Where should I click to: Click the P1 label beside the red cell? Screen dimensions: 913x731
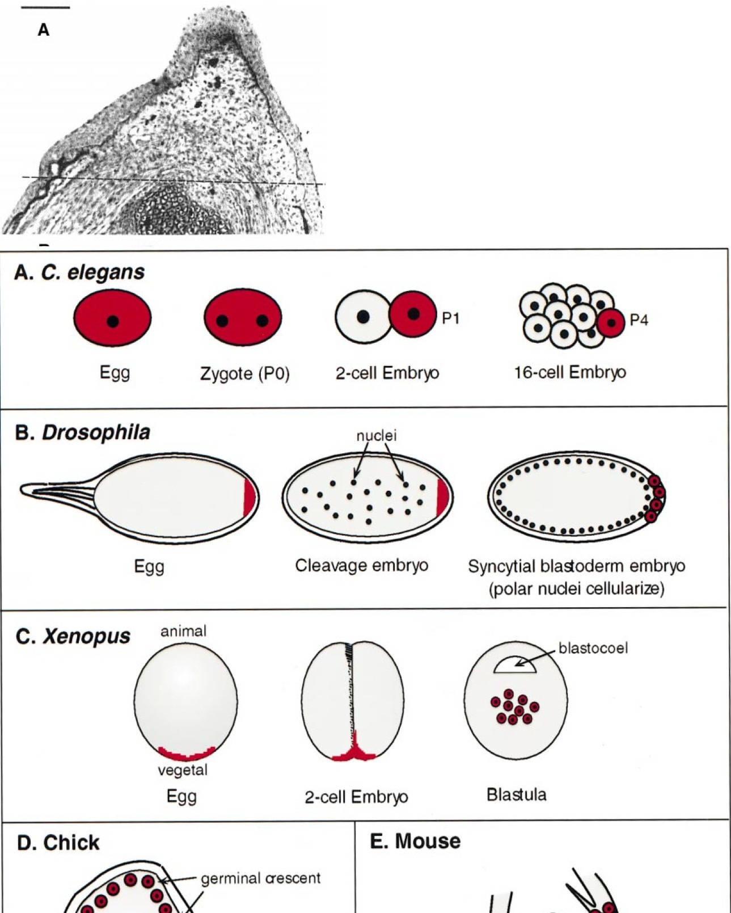pyautogui.click(x=450, y=318)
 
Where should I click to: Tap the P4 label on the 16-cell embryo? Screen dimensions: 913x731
pyautogui.click(x=639, y=321)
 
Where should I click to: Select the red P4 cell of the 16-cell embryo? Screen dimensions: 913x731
pyautogui.click(x=611, y=323)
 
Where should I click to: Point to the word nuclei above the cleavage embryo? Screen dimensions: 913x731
pyautogui.click(x=376, y=435)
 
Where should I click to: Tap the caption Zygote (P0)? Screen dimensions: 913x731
pyautogui.click(x=244, y=373)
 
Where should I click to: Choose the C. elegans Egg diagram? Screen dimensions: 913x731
pyautogui.click(x=112, y=318)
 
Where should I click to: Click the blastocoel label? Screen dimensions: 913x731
pyautogui.click(x=593, y=648)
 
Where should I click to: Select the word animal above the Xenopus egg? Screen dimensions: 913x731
pyautogui.click(x=183, y=631)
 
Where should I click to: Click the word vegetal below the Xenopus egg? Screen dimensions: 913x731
pyautogui.click(x=183, y=769)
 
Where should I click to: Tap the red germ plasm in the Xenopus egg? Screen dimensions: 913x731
pyautogui.click(x=186, y=754)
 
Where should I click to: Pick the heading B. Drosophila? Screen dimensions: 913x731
pyautogui.click(x=82, y=432)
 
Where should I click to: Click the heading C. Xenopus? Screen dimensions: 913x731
pyautogui.click(x=73, y=636)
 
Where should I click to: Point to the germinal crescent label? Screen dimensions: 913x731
pyautogui.click(x=260, y=878)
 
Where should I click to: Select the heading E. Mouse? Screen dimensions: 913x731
pyautogui.click(x=415, y=841)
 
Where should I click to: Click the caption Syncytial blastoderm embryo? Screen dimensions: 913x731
pyautogui.click(x=576, y=566)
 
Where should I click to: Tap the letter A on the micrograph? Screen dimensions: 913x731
pyautogui.click(x=44, y=30)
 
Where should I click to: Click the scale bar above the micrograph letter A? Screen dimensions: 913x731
pyautogui.click(x=47, y=8)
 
